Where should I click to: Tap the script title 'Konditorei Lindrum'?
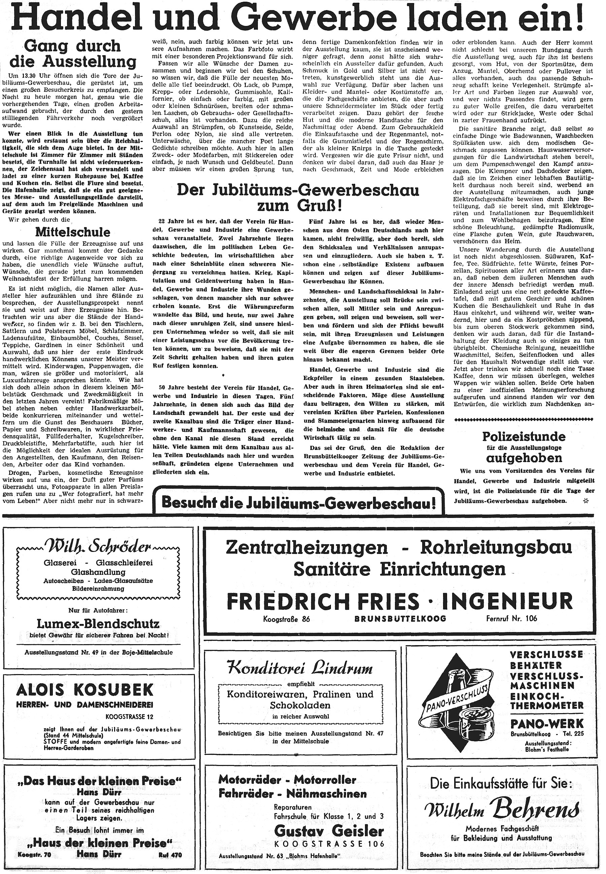(x=300, y=666)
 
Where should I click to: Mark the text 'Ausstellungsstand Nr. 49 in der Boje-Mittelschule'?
(x=98, y=652)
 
